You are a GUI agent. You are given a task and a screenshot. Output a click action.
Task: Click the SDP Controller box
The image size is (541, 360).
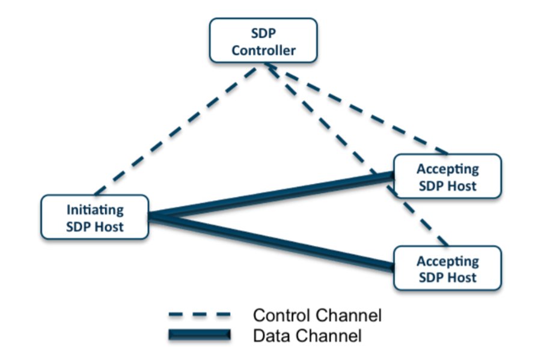(263, 40)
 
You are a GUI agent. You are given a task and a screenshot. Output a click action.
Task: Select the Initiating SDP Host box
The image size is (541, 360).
(94, 218)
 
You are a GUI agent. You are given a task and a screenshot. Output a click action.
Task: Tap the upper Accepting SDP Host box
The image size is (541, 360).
(447, 176)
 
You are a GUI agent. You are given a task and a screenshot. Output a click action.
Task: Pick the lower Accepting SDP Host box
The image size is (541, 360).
(447, 268)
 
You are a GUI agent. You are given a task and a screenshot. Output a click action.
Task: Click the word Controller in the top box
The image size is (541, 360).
(264, 50)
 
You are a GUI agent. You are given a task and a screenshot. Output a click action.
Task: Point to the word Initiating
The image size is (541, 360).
(95, 210)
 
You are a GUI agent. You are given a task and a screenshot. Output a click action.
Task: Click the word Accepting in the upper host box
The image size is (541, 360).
(448, 168)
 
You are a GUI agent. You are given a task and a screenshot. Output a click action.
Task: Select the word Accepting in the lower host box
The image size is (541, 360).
(448, 261)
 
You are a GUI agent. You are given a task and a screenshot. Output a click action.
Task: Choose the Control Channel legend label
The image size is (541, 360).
(317, 314)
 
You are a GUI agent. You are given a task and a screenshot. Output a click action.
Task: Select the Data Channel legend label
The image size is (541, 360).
(307, 335)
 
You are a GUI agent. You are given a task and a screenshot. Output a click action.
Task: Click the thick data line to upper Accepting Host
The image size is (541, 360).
(270, 195)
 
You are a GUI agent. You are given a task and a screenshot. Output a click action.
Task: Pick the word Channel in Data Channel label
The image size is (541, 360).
(332, 335)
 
